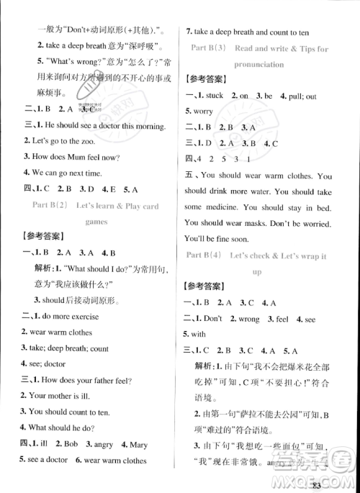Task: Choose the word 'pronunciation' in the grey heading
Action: (258, 64)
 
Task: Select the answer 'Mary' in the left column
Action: (138, 444)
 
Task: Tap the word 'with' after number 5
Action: (199, 334)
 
